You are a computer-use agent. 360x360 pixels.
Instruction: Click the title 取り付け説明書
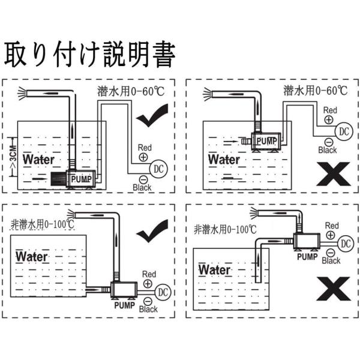pyautogui.click(x=90, y=55)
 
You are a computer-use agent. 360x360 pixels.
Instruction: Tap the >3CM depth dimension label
pyautogui.click(x=14, y=157)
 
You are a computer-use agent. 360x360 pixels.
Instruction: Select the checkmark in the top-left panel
pyautogui.click(x=152, y=115)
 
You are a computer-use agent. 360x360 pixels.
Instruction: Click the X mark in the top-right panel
pyautogui.click(x=334, y=174)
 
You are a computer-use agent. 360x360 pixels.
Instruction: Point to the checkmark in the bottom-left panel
pyautogui.click(x=152, y=231)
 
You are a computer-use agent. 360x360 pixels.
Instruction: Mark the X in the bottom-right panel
pyautogui.click(x=334, y=289)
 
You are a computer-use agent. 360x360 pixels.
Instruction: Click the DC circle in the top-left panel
pyautogui.click(x=158, y=169)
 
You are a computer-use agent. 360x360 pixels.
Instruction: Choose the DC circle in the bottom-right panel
pyautogui.click(x=346, y=244)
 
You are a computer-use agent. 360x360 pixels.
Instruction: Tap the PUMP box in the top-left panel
pyautogui.click(x=81, y=179)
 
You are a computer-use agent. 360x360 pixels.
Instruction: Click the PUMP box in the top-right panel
pyautogui.click(x=266, y=141)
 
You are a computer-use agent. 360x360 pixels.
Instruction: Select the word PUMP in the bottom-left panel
pyautogui.click(x=124, y=305)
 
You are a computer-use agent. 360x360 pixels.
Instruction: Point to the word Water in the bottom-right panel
pyautogui.click(x=214, y=270)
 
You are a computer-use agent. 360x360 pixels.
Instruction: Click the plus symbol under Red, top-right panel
pyautogui.click(x=329, y=119)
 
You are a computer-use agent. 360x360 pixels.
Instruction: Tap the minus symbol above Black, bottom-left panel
pyautogui.click(x=148, y=301)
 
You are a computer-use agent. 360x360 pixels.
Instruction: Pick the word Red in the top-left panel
pyautogui.click(x=145, y=148)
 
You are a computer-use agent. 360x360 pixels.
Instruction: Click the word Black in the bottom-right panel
pyautogui.click(x=331, y=260)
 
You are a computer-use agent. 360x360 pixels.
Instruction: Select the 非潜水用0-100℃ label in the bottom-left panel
pyautogui.click(x=43, y=224)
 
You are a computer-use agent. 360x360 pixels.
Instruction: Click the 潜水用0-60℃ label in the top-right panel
pyautogui.click(x=316, y=91)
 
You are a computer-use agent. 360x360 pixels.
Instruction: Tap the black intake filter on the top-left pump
pyautogui.click(x=58, y=179)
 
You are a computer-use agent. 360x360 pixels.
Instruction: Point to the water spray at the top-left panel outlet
pyautogui.click(x=23, y=94)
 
